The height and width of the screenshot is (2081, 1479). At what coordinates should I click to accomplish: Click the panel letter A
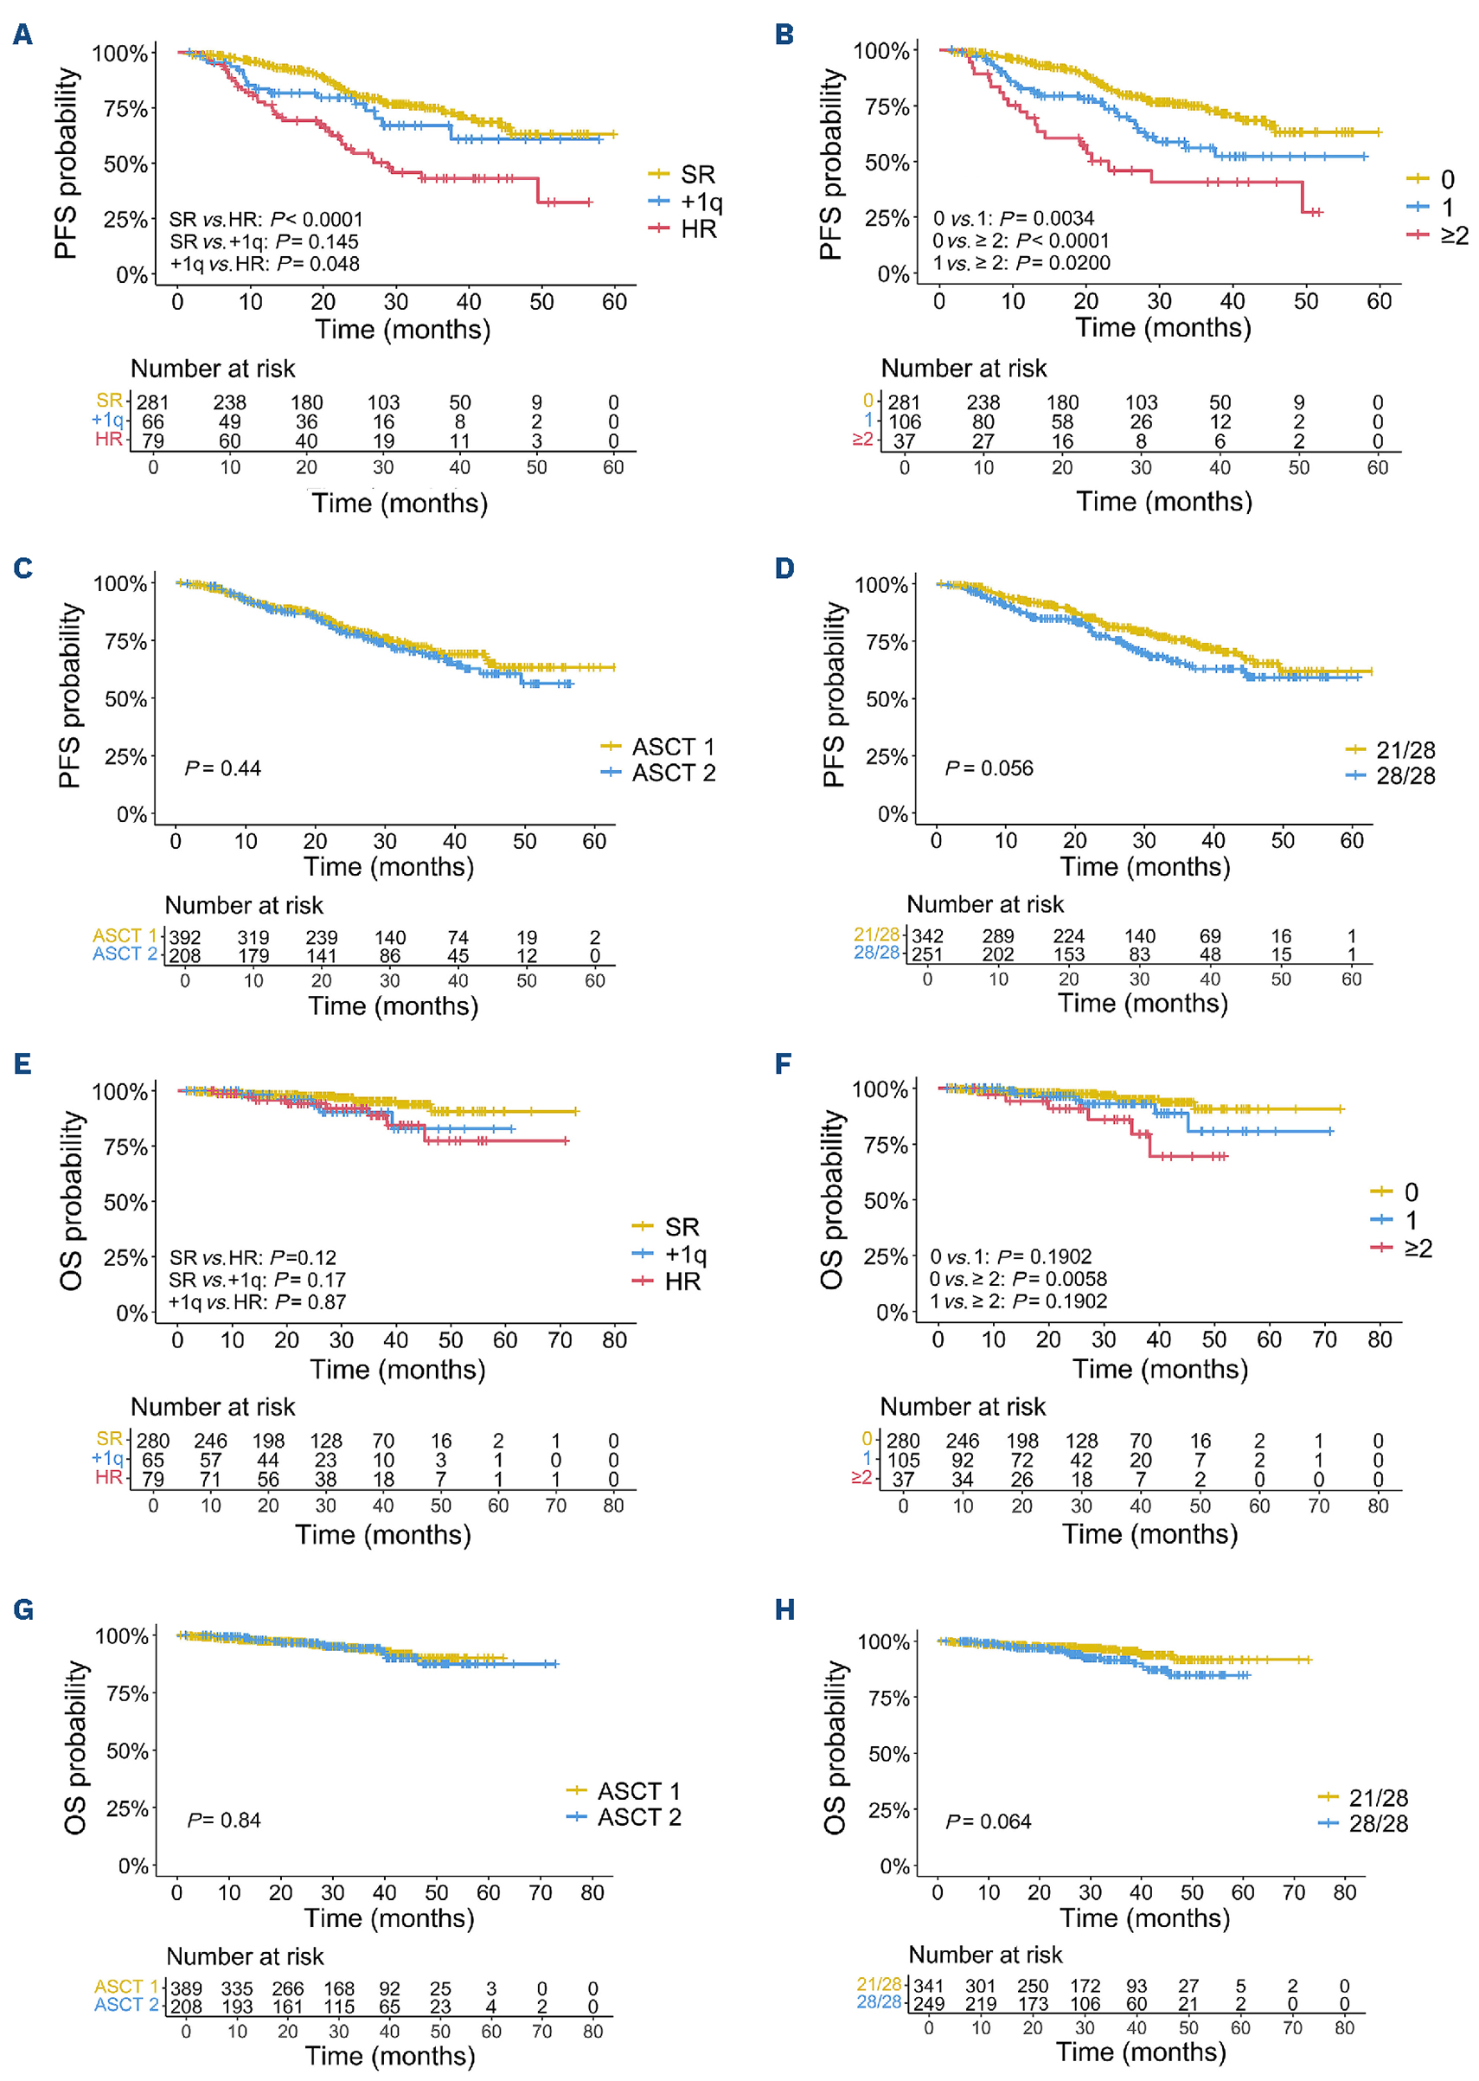click(22, 35)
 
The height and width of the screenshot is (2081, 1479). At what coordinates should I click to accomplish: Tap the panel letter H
click(784, 1610)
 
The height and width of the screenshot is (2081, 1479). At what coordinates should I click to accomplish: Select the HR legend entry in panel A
click(699, 228)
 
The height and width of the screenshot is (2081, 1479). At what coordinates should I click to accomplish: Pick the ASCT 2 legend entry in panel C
click(673, 773)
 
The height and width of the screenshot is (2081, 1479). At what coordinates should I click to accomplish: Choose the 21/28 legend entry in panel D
click(1405, 750)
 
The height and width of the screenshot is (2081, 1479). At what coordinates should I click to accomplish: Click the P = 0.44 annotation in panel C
click(223, 768)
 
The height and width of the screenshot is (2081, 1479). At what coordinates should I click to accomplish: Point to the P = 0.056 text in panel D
click(989, 768)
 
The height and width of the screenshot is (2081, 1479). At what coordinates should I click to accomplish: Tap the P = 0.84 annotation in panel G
click(224, 1820)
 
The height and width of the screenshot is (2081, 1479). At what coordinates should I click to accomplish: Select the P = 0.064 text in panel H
click(989, 1821)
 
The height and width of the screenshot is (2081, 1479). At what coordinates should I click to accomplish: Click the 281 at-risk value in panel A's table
click(153, 401)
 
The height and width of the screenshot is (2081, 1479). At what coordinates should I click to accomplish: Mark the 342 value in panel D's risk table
click(928, 935)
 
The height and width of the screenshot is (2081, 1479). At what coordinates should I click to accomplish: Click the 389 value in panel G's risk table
click(186, 1988)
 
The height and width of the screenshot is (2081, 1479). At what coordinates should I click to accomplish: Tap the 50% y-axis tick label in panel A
click(125, 165)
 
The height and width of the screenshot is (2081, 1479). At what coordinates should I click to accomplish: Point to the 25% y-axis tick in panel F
click(887, 1257)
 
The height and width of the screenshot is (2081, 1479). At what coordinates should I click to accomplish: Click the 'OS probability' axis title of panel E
click(71, 1200)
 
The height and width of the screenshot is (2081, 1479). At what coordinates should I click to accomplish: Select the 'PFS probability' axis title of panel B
click(830, 164)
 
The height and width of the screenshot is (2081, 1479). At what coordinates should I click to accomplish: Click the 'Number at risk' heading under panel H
click(985, 1955)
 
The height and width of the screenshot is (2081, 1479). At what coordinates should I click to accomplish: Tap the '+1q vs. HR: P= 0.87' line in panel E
click(258, 1302)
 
